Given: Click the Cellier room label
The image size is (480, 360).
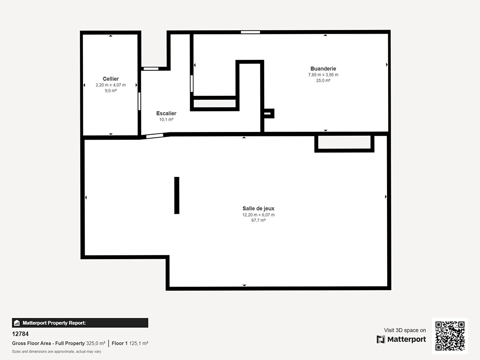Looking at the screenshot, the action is click(x=111, y=79).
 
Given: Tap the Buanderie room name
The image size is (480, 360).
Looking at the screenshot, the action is click(x=323, y=69).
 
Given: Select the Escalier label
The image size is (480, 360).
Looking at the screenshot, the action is click(x=166, y=113).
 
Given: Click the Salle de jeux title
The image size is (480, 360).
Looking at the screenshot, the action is click(x=258, y=209).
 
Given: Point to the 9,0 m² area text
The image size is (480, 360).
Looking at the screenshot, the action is click(x=111, y=90).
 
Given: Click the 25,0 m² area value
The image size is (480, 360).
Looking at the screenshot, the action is click(x=323, y=80).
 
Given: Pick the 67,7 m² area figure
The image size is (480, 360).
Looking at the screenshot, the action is click(x=258, y=220).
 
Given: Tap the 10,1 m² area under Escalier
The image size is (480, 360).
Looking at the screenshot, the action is click(x=166, y=120).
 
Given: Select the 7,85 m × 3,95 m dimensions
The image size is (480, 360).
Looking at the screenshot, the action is click(x=323, y=75).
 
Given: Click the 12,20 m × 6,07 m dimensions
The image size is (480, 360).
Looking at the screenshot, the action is click(x=258, y=215).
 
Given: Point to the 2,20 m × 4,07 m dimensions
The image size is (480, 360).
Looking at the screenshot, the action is click(x=111, y=85).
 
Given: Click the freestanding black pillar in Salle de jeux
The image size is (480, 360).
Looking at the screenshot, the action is click(x=177, y=195).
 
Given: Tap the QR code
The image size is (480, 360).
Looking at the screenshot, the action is click(x=450, y=336).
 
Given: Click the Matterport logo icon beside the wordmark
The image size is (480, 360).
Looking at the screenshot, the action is click(x=381, y=339).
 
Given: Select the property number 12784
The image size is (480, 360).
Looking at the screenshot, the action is click(x=20, y=334).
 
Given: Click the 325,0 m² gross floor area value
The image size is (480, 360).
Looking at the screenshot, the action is click(x=96, y=343).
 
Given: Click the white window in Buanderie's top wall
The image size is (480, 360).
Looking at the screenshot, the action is click(x=250, y=32).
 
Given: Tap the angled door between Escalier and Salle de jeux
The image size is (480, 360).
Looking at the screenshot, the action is click(x=155, y=136).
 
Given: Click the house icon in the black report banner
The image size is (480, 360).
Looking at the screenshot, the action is click(x=17, y=323).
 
